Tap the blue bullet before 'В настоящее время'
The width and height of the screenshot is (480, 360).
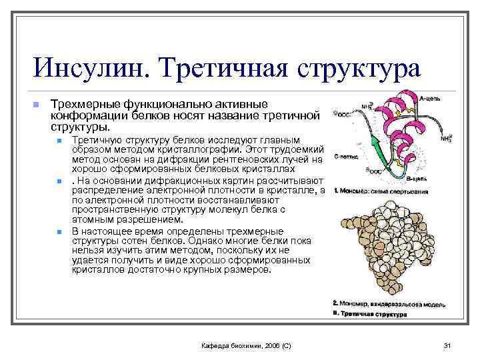(59, 231)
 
